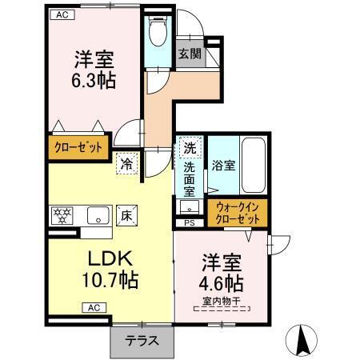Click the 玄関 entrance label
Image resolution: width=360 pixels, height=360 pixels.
pos(190,54)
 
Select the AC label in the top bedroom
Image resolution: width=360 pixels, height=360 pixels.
pos(62,14)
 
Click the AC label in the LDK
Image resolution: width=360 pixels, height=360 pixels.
pos(93,307)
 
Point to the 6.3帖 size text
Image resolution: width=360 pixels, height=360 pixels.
pos(94,82)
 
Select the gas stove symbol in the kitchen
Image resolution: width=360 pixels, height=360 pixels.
pos(62,214)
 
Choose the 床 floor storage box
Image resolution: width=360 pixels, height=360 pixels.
pos(126,214)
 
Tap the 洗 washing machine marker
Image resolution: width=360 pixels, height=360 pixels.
pos(190,148)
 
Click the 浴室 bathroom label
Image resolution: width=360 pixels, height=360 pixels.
pos(223,166)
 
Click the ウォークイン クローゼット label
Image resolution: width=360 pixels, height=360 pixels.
pos(238,212)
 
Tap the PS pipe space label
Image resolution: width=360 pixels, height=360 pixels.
pos(189,223)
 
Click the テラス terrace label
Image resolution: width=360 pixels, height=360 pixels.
pos(141,341)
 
